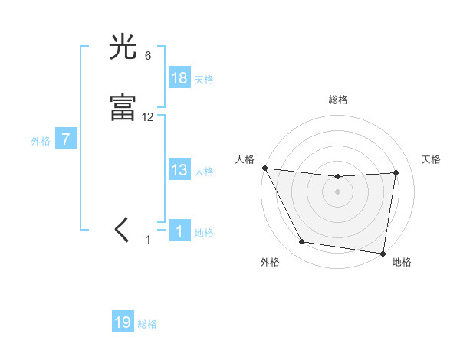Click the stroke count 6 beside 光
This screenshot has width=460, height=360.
point(147,56)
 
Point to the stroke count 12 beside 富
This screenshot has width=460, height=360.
point(148,116)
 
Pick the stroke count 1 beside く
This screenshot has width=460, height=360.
point(148,240)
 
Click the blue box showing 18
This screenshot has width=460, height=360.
point(179,78)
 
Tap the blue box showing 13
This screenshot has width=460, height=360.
point(179,170)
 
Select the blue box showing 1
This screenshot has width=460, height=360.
point(179,231)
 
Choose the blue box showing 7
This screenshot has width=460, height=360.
point(67,140)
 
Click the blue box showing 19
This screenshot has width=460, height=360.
point(123,322)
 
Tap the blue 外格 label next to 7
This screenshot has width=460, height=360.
point(41,141)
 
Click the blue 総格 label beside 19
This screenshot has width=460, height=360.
point(147,324)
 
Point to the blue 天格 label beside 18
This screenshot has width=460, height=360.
point(204,80)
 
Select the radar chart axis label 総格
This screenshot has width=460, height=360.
point(337,100)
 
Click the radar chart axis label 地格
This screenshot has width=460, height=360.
point(402,262)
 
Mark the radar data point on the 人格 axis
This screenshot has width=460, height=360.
point(264,168)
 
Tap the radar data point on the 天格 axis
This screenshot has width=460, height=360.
point(396,172)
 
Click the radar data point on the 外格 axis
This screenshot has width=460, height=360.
point(301,242)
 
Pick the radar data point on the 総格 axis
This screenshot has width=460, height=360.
point(337,177)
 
